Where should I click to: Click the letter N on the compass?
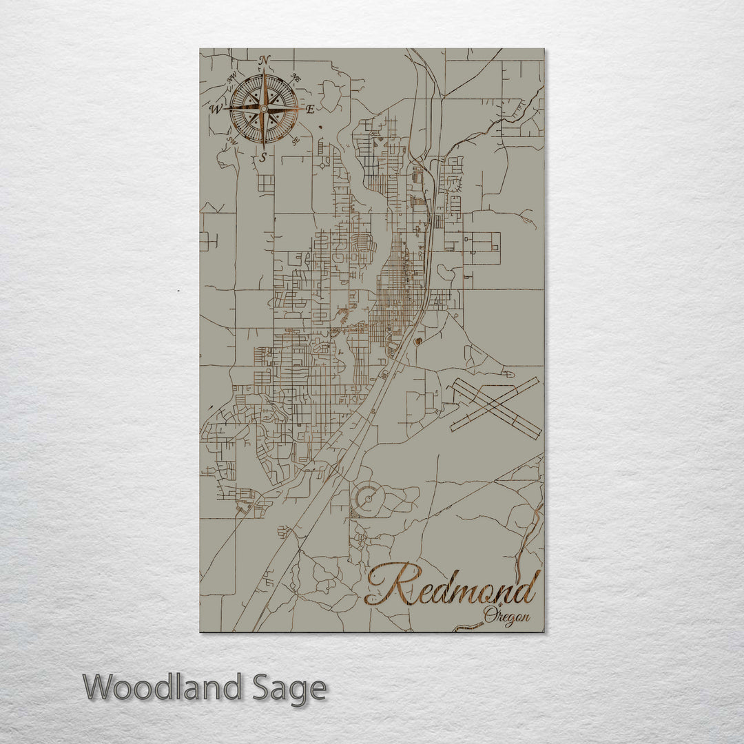tap(264, 60)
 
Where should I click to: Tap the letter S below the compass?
tap(262, 158)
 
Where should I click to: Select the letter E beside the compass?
tap(310, 109)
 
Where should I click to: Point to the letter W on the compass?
tap(216, 109)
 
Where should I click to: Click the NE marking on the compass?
tap(296, 76)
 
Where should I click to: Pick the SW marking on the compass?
tap(231, 141)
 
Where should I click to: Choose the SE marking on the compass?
tap(295, 141)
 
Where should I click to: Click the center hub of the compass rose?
tap(263, 109)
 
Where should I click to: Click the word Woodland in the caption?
tap(164, 688)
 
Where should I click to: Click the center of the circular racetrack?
tap(367, 495)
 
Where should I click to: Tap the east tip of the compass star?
tap(302, 109)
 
